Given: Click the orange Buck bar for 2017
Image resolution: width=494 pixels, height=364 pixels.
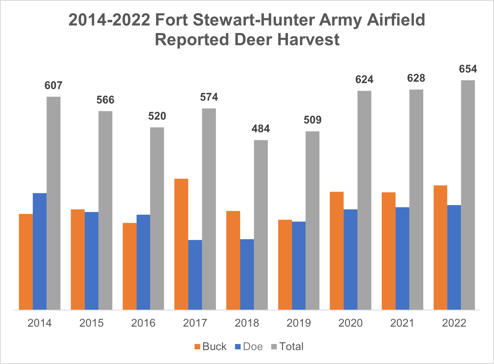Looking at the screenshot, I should (x=181, y=244).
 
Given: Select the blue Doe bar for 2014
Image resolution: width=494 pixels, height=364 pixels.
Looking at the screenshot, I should (x=40, y=251).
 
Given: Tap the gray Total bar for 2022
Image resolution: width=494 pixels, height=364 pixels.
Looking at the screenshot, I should (x=468, y=195).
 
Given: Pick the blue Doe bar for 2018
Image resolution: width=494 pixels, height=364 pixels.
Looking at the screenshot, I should (x=247, y=274).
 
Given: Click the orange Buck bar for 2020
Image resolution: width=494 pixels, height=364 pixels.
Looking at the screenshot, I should (x=337, y=251).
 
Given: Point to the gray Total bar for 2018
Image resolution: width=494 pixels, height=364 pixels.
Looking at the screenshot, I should (x=261, y=225).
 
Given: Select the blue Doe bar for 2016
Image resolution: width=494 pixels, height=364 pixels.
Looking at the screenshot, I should (x=143, y=262).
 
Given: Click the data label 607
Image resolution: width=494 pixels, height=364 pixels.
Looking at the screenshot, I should (x=53, y=85).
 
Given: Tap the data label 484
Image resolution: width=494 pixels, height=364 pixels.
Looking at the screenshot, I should (x=261, y=129).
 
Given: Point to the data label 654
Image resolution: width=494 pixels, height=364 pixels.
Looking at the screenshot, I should (x=468, y=69).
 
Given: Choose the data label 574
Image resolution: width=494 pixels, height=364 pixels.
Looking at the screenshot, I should (x=209, y=97).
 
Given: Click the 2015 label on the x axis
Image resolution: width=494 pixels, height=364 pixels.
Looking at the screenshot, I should (x=91, y=323).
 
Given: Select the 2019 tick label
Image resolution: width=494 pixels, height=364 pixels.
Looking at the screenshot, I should (x=299, y=323).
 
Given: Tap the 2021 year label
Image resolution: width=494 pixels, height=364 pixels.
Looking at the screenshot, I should (x=402, y=323).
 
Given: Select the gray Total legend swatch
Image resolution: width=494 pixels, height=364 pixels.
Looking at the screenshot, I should (x=274, y=347).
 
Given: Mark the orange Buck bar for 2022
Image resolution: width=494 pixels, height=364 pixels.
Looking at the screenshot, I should (x=440, y=247).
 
